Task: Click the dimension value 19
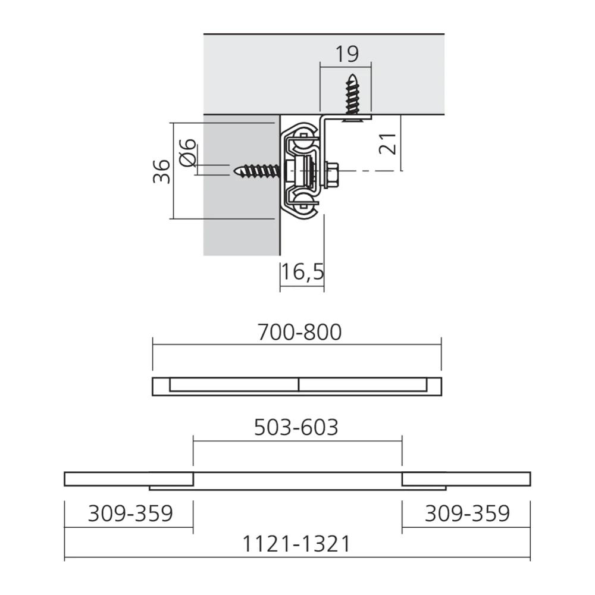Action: pos(347,54)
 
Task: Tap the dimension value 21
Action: pos(387,144)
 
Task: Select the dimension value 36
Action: pos(161,171)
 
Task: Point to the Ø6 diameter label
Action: pos(187,152)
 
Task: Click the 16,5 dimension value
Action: pos(302,272)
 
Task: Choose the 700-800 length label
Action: pos(299,332)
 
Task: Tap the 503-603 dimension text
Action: pos(296,427)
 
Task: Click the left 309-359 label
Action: pos(130,513)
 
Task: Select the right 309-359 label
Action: pos(466,513)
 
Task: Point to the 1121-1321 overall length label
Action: pos(296,544)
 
